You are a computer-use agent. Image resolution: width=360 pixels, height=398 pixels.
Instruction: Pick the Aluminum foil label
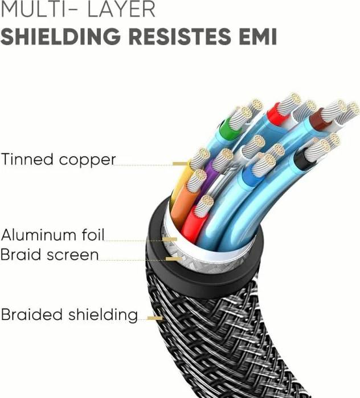coord(52,234)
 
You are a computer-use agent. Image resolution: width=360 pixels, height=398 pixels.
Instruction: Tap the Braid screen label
coord(49,255)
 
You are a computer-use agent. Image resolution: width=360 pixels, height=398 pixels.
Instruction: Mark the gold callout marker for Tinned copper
coord(181,164)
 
